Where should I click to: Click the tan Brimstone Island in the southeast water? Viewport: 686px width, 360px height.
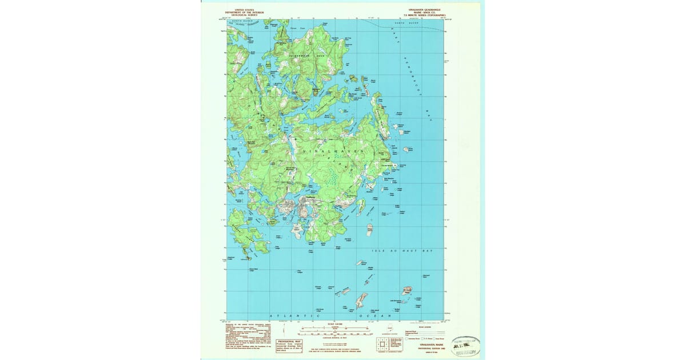click(408, 290)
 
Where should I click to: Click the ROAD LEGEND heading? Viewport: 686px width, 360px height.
click(426, 329)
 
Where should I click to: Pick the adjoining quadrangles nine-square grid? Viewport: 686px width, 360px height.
click(381, 344)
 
